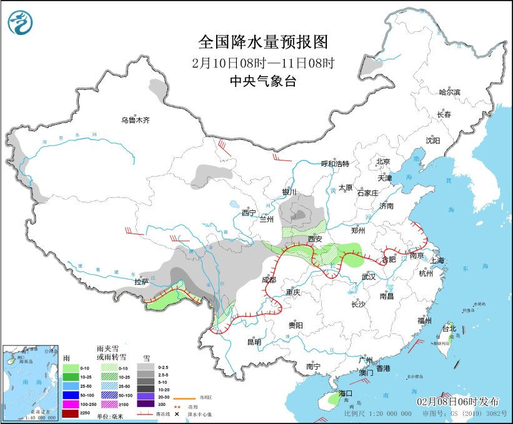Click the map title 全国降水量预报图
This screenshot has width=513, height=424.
tap(262, 42)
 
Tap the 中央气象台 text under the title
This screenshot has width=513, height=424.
tap(262, 81)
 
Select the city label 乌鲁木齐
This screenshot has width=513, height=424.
tap(136, 120)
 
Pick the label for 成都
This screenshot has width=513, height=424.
tap(269, 279)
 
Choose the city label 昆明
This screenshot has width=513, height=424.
tap(254, 342)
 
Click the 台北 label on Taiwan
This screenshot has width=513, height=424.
tap(449, 328)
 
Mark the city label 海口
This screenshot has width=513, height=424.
tap(346, 393)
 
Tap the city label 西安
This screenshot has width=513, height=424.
tap(315, 239)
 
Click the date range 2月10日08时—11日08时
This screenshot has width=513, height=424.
tap(262, 62)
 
